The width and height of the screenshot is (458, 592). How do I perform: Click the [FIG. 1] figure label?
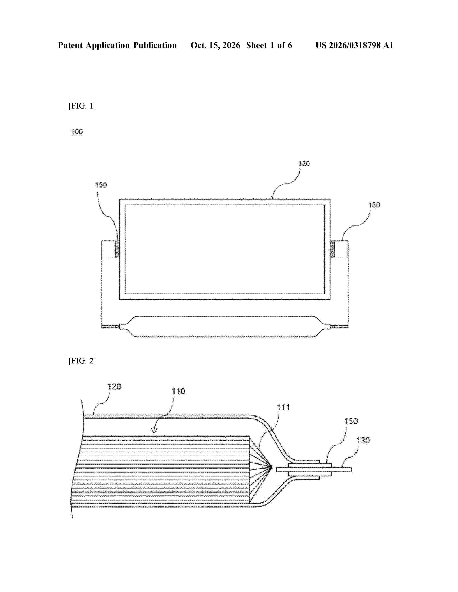click(x=82, y=106)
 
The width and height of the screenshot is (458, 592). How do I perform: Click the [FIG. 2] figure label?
click(x=82, y=361)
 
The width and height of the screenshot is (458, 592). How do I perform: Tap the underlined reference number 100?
click(x=77, y=132)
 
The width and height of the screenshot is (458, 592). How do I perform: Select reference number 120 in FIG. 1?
click(x=304, y=164)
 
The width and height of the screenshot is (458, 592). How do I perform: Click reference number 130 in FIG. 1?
click(x=374, y=205)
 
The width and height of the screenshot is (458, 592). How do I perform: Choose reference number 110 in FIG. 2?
click(x=179, y=391)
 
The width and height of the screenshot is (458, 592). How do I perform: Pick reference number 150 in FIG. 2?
click(x=351, y=421)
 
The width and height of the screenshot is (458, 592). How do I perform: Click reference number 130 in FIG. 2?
click(x=363, y=440)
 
